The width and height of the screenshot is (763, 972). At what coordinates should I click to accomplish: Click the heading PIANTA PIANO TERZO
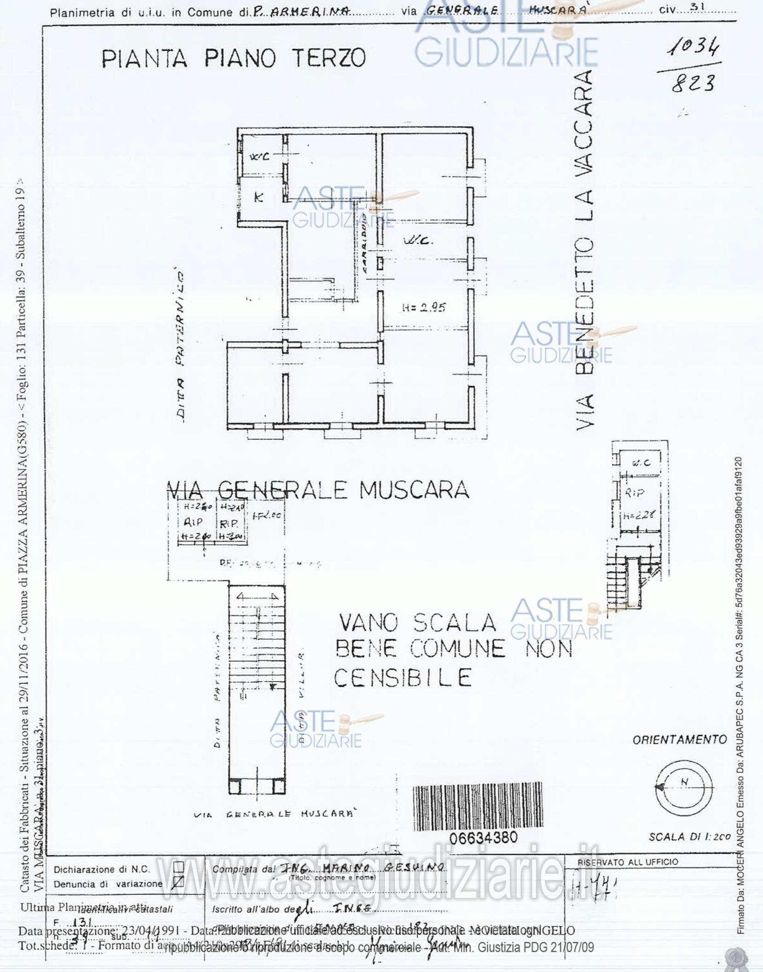(233, 58)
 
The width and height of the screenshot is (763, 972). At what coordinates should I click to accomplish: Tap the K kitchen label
(259, 197)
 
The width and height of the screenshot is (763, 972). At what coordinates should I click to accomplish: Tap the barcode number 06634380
(484, 838)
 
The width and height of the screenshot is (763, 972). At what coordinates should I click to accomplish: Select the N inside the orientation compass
(684, 781)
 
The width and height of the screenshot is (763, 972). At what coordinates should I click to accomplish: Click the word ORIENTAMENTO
(680, 740)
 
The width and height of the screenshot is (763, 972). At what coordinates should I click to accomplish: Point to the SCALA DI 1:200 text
(689, 837)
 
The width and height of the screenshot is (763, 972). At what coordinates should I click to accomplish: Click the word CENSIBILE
(403, 678)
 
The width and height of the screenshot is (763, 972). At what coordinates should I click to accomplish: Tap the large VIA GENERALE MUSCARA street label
(317, 490)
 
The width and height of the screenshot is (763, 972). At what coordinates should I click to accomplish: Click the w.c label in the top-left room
(259, 156)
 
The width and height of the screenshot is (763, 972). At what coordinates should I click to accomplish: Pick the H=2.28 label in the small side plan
(639, 515)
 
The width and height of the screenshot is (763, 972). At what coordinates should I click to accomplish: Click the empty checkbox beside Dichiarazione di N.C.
(178, 868)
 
